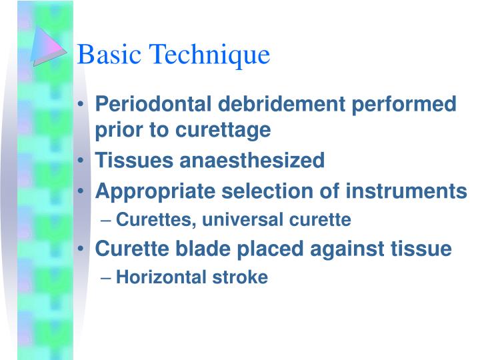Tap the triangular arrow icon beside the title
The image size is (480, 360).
(x=49, y=46)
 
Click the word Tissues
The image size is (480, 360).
(x=130, y=160)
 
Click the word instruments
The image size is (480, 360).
(x=406, y=192)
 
